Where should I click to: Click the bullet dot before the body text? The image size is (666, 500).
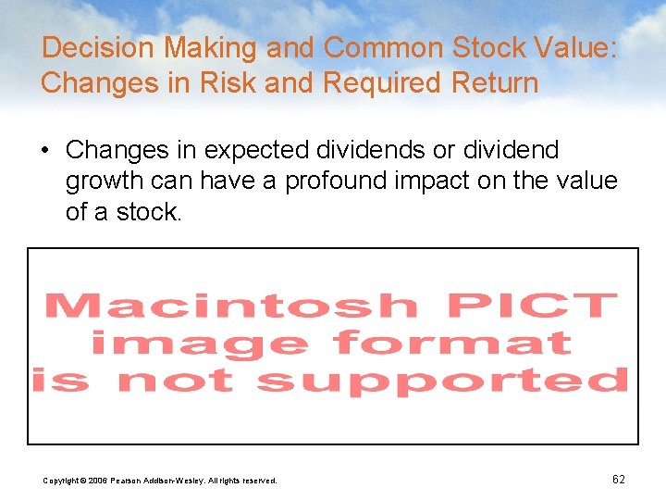click(x=47, y=150)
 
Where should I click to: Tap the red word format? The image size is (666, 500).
click(x=452, y=344)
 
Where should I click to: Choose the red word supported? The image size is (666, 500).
click(x=442, y=381)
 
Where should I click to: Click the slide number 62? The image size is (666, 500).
click(x=619, y=480)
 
